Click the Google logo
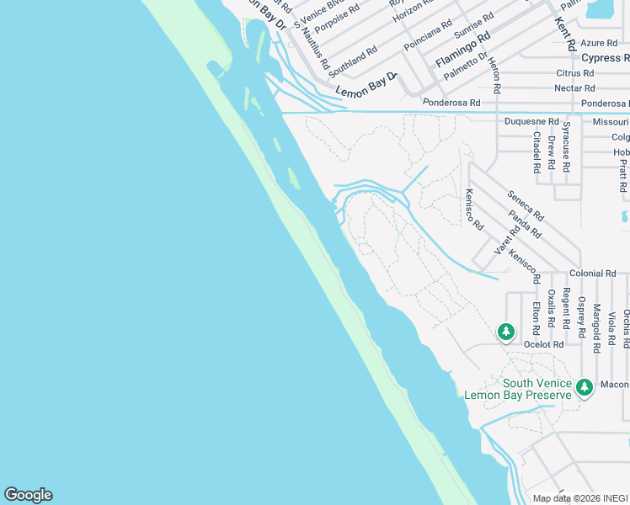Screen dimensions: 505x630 [28, 495]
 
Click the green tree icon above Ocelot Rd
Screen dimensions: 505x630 [505, 332]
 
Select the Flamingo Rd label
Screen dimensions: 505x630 [462, 50]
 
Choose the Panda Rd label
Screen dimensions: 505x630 [525, 225]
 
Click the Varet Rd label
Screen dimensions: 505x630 [502, 241]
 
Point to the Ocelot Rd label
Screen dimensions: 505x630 [543, 344]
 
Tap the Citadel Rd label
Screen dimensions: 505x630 [537, 152]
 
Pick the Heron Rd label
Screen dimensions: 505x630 [495, 77]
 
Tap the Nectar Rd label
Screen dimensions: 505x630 [574, 88]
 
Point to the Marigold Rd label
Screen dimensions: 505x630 [596, 327]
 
